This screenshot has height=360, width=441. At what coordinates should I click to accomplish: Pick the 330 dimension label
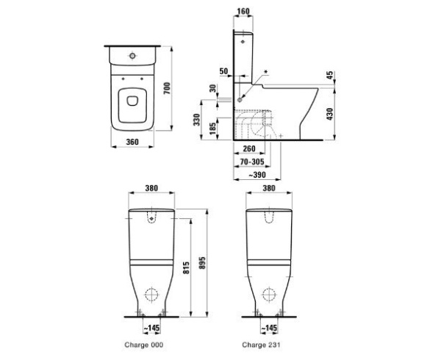click(197, 119)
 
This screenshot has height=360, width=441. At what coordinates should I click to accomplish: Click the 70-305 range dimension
click(252, 161)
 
